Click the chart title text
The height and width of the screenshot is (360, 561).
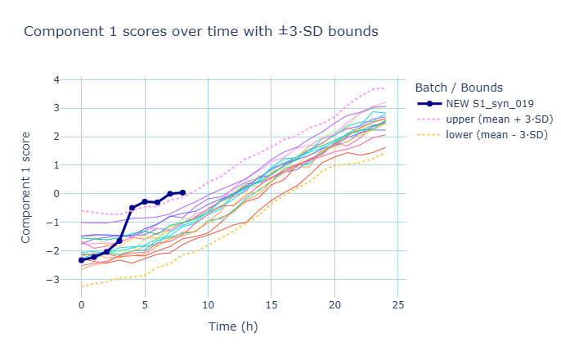tap(201, 32)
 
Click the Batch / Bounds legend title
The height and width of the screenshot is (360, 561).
tap(458, 88)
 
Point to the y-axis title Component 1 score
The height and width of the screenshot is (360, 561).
tap(27, 187)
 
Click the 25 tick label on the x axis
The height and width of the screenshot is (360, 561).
tap(398, 304)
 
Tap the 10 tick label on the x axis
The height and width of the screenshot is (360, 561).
tap(208, 304)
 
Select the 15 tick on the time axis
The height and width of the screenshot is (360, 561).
tap(272, 304)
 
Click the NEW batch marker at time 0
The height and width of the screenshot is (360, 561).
tap(82, 260)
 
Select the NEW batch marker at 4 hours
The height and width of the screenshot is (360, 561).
tap(132, 208)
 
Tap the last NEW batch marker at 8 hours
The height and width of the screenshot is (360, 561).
tap(182, 192)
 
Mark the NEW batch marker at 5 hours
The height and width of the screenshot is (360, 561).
tap(145, 201)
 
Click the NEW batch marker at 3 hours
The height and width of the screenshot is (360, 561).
tap(119, 241)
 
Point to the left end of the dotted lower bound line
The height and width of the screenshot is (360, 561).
tap(82, 286)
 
